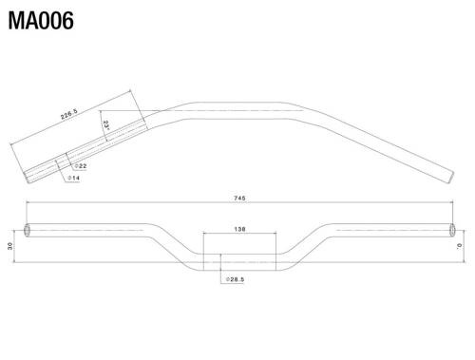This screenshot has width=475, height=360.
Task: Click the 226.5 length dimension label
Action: click(x=69, y=116)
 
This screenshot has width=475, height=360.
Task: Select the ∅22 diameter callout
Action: click(x=81, y=165)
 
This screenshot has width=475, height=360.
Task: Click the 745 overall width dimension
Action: click(x=239, y=199)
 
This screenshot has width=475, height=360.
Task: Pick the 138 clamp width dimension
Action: click(x=239, y=228)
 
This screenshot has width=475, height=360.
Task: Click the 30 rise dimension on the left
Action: click(x=10, y=246)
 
